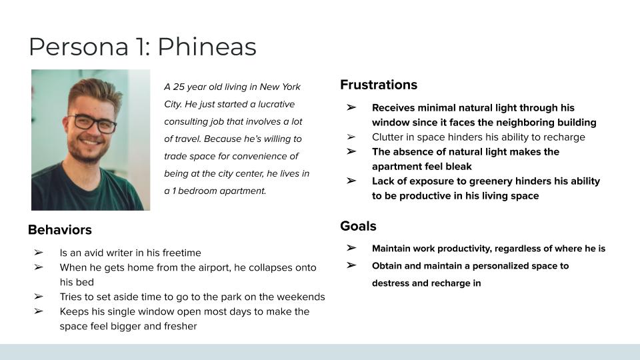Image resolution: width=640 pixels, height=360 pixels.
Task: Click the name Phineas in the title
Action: (207, 47)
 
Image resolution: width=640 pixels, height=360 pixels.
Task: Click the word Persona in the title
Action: (79, 47)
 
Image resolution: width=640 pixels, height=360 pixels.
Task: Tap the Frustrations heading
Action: (379, 85)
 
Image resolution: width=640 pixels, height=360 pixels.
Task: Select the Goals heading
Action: (358, 226)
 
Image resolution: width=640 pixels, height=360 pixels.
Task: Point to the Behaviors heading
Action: (59, 230)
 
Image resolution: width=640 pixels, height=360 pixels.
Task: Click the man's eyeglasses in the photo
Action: (94, 123)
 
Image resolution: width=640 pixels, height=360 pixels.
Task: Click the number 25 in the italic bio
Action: (179, 87)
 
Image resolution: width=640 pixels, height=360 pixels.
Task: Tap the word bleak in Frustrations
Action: (460, 167)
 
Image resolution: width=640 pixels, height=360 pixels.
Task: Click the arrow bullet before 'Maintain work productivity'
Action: (351, 248)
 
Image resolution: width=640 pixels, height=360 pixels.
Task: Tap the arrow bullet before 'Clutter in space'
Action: (351, 137)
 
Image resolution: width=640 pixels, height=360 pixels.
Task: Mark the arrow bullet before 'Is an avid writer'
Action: (39, 253)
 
